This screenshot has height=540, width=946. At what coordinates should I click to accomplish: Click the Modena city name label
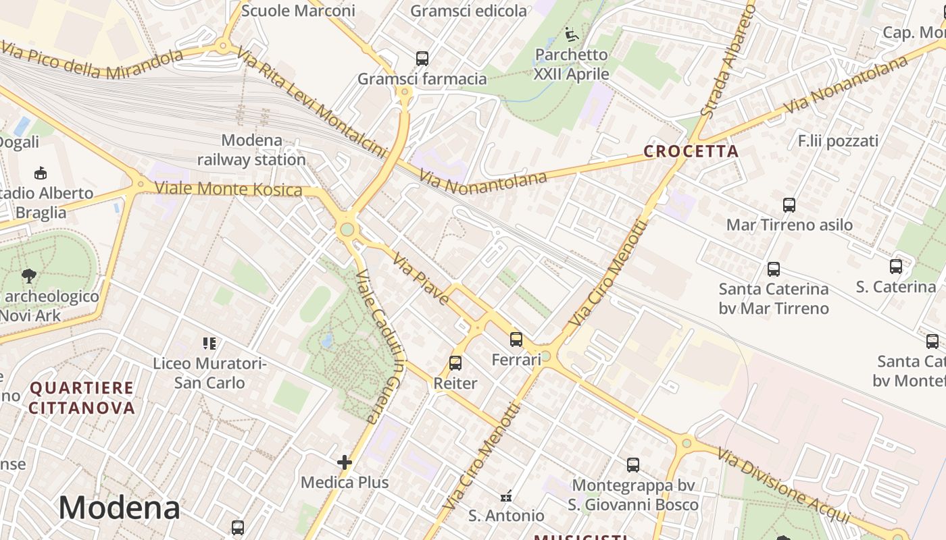pyautogui.click(x=119, y=508)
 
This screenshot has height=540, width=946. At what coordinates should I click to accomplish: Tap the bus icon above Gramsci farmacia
pyautogui.click(x=422, y=59)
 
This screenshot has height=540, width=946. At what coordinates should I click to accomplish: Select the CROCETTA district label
pyautogui.click(x=691, y=151)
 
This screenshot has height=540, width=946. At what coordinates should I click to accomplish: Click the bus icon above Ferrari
pyautogui.click(x=516, y=340)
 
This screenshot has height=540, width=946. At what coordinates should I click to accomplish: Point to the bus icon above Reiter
pyautogui.click(x=455, y=363)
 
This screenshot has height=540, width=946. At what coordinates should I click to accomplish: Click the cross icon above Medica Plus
pyautogui.click(x=345, y=462)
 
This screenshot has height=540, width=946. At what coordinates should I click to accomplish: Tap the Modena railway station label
pyautogui.click(x=251, y=151)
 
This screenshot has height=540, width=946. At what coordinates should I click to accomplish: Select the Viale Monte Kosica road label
pyautogui.click(x=228, y=189)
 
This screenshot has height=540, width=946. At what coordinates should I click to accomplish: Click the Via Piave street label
pyautogui.click(x=420, y=278)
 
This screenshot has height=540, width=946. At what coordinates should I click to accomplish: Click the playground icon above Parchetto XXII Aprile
pyautogui.click(x=571, y=34)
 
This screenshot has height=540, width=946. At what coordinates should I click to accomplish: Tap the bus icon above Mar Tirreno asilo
pyautogui.click(x=789, y=205)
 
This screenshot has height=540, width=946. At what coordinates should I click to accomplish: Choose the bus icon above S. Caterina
pyautogui.click(x=896, y=267)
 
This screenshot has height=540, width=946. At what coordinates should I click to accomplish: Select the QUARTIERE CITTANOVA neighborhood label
pyautogui.click(x=82, y=398)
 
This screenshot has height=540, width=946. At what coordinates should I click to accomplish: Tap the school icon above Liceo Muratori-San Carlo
pyautogui.click(x=209, y=344)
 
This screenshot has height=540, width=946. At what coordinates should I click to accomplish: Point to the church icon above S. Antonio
pyautogui.click(x=506, y=497)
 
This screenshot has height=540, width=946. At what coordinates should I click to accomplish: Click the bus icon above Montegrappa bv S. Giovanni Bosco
pyautogui.click(x=633, y=465)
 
